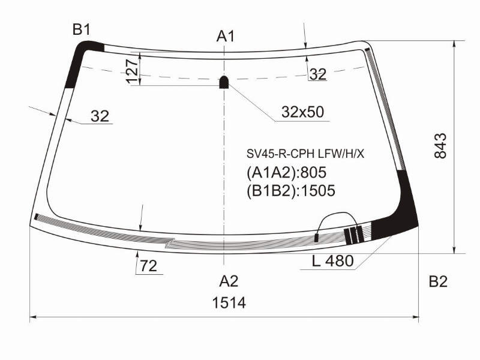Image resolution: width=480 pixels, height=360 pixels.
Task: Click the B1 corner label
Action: tap(82, 30)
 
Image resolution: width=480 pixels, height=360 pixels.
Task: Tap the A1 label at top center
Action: tap(226, 37)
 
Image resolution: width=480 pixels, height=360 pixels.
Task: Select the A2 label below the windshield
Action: tap(229, 281)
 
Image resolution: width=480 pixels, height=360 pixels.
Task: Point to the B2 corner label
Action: tap(438, 281)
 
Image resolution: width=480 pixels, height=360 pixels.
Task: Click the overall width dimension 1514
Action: tap(229, 303)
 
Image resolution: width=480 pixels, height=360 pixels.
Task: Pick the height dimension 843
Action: tap(440, 145)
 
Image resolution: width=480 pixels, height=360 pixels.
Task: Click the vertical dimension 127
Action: tap(132, 71)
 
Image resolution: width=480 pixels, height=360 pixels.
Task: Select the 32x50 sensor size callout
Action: tap(302, 112)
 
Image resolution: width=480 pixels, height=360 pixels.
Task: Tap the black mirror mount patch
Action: tap(224, 82)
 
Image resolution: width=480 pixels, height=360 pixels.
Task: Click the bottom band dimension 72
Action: tap(148, 266)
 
